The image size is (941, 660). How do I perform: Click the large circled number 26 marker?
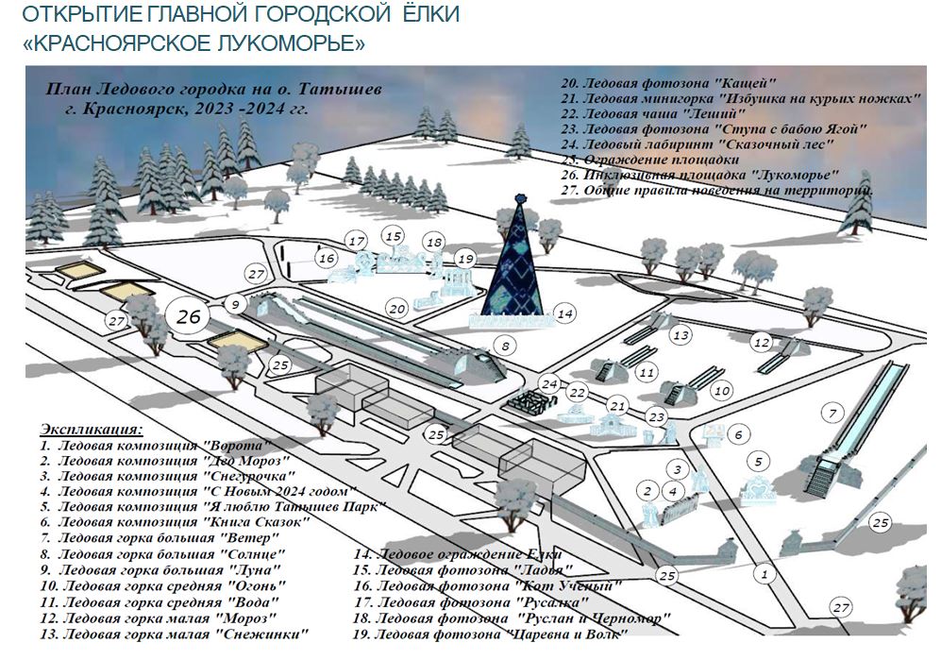[189, 315]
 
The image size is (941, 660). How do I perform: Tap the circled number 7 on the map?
[832, 413]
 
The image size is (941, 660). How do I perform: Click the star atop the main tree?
[517, 199]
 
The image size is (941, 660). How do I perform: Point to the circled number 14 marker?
[564, 313]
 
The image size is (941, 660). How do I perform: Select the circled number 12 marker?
[762, 342]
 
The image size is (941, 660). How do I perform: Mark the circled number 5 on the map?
[758, 462]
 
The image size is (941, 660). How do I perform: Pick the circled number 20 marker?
[397, 308]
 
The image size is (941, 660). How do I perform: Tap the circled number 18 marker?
[434, 243]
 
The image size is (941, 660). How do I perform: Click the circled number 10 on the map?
[723, 389]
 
